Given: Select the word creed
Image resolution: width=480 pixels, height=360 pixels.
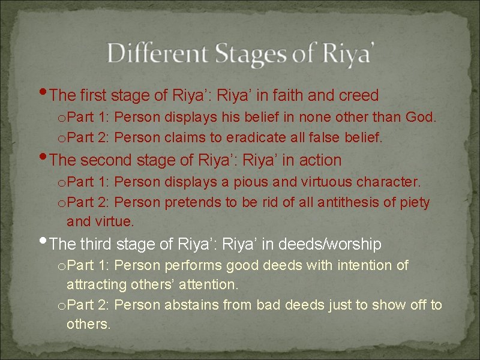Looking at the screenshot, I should (x=359, y=95).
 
